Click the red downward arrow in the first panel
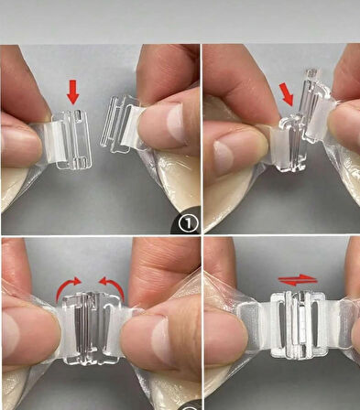coord(72,92)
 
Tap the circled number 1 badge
coord(188,223)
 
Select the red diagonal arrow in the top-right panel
coord(287,94)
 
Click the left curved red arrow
coord(67,287)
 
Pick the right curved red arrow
coord(113,287)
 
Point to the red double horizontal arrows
coord(298,280)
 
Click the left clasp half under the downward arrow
coord(73,139)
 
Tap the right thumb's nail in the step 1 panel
coord(175,124)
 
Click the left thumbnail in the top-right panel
coord(224,156)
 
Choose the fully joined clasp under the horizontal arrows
coord(298,325)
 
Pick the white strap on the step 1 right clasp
coord(132,125)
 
